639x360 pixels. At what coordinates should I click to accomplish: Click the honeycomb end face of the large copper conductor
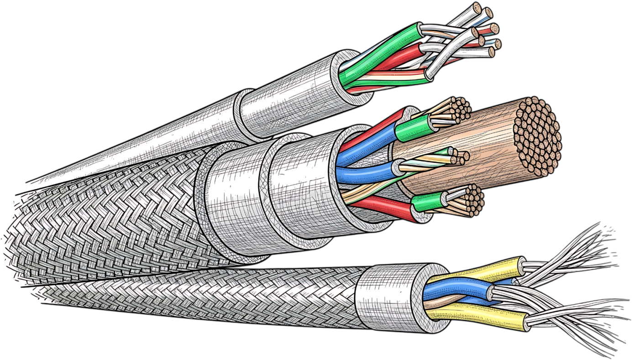pyautogui.click(x=537, y=136)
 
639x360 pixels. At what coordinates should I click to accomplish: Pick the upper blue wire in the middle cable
pyautogui.click(x=365, y=146)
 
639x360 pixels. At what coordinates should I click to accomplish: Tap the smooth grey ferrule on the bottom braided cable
pyautogui.click(x=388, y=297)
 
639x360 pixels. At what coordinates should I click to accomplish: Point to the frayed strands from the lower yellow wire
pyautogui.click(x=580, y=319)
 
